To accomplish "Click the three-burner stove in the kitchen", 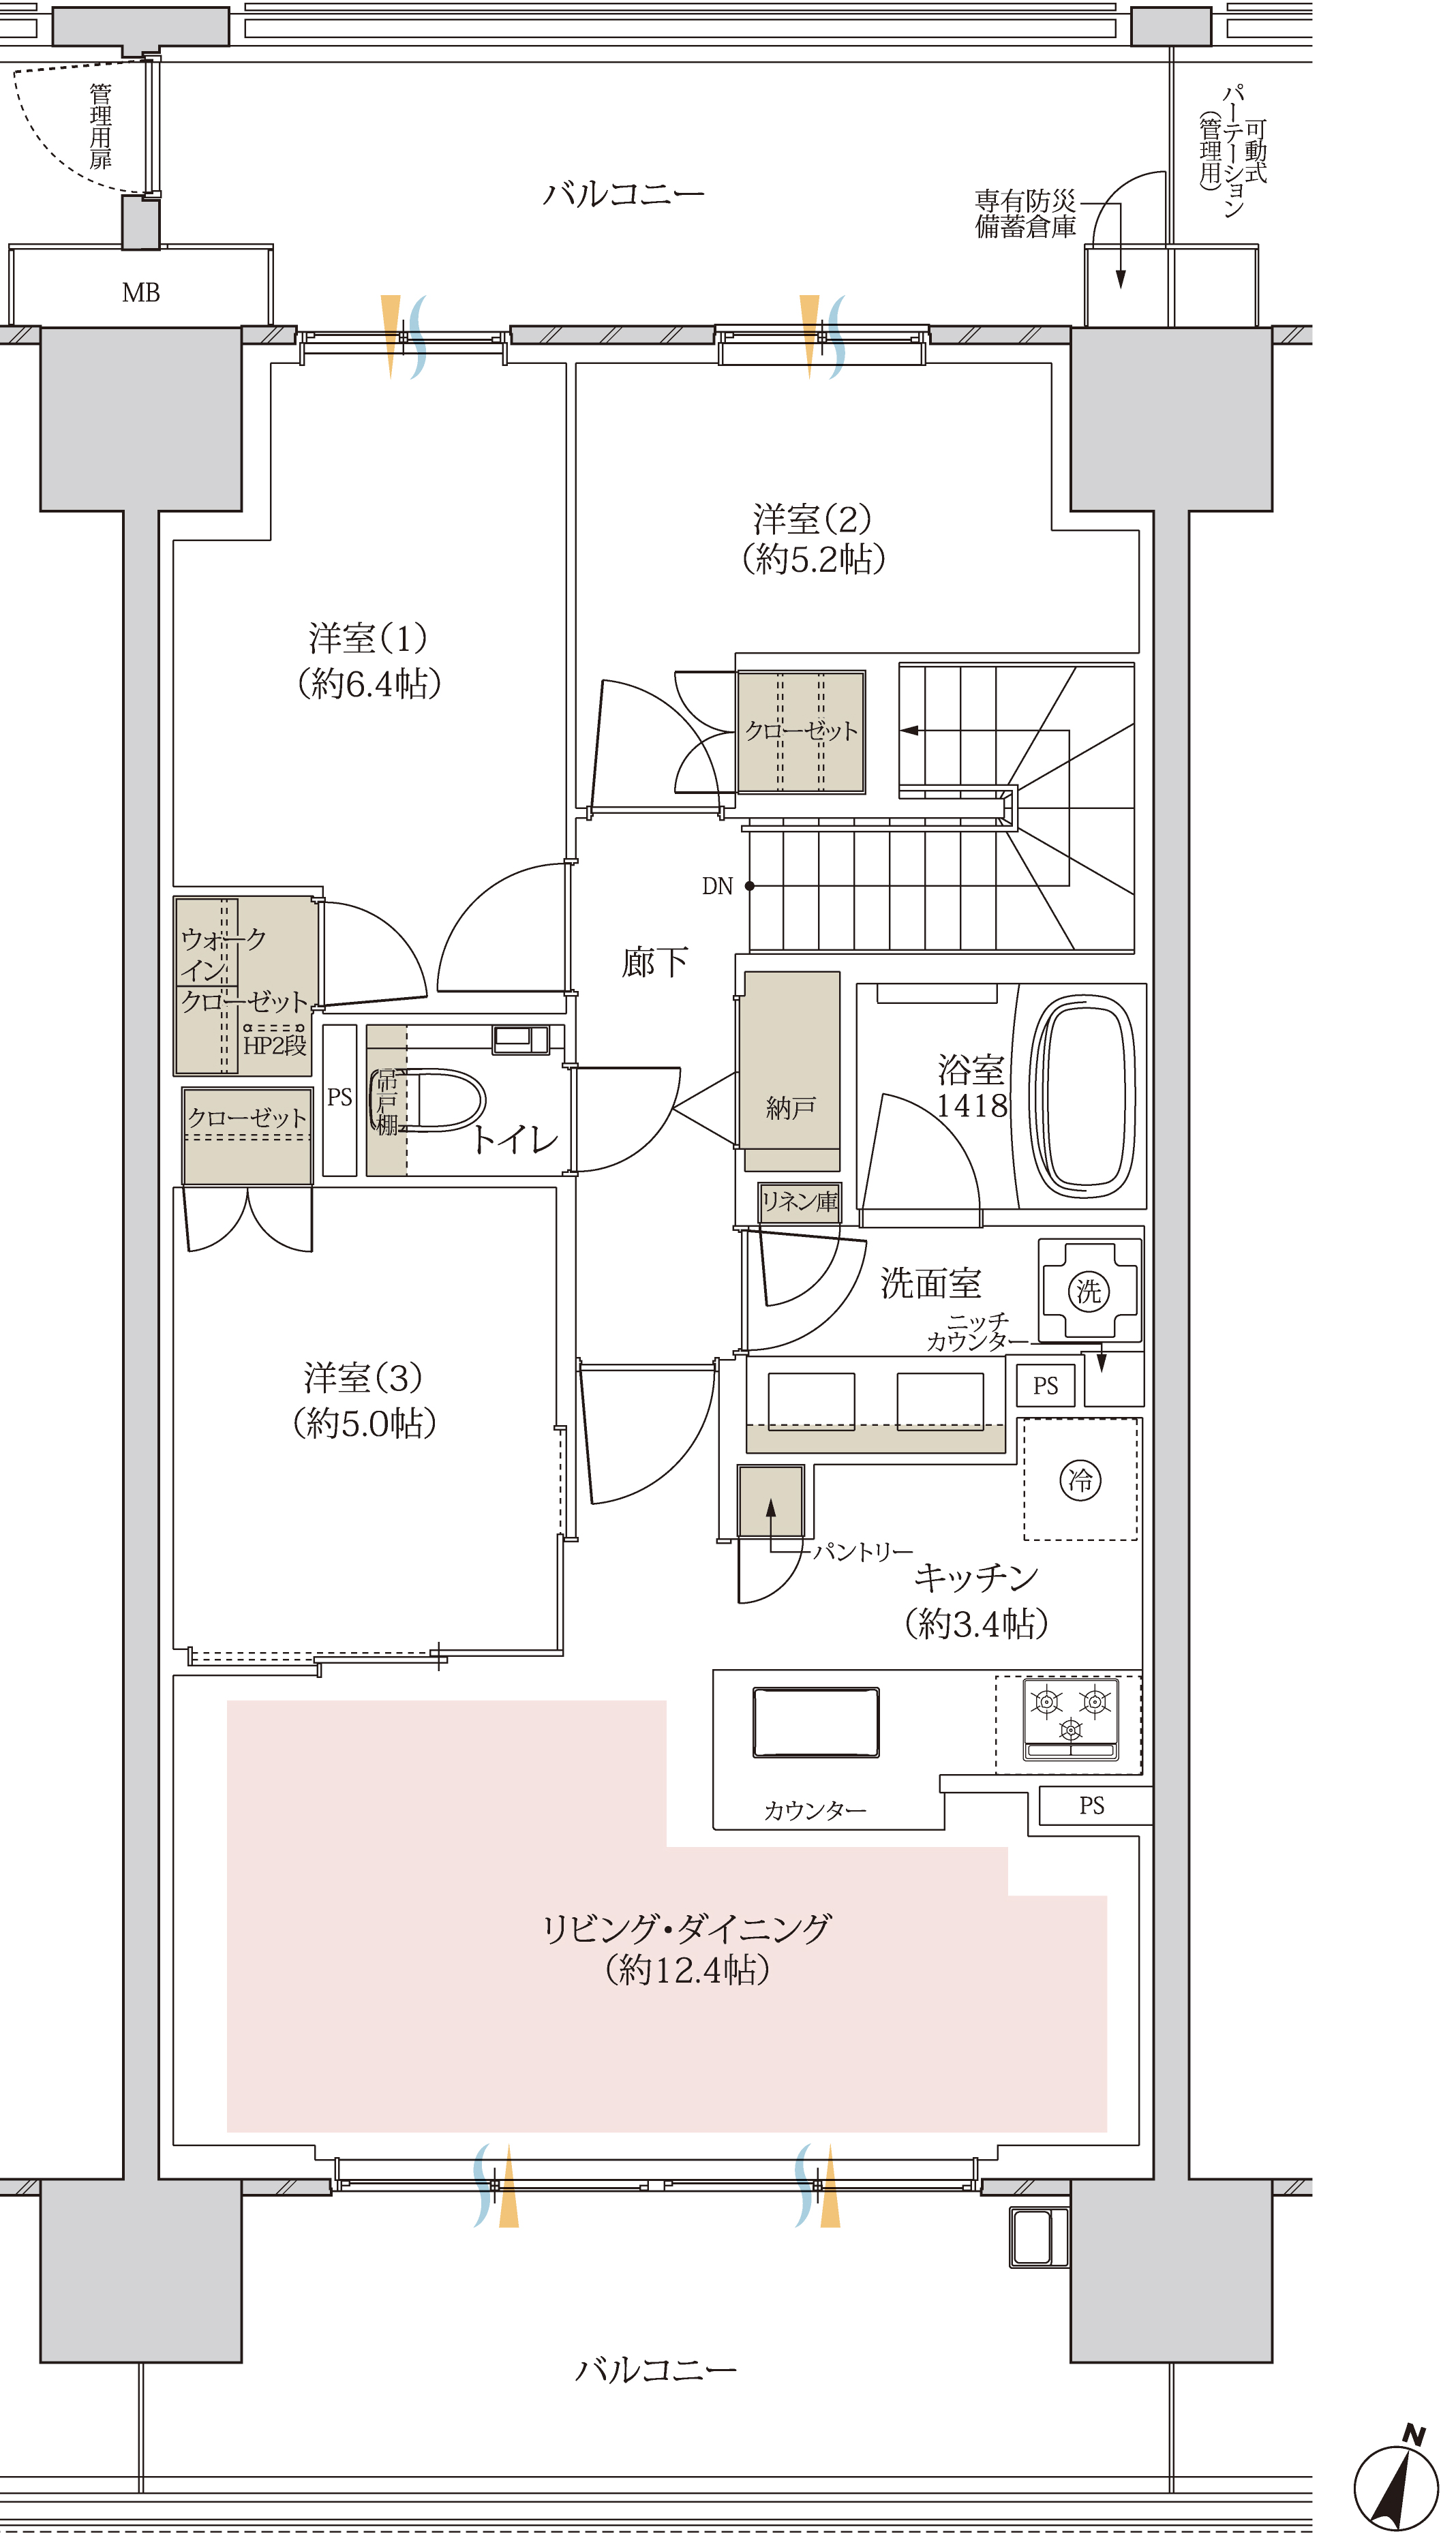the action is point(1070,1718).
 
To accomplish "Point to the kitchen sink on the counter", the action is point(815,1722).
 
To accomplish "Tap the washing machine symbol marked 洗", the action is point(1089,1290).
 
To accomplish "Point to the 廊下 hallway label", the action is point(654,962).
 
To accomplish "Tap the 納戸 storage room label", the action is point(790,1108).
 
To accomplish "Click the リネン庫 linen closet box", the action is point(800,1202).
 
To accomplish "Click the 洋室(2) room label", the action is point(813,519).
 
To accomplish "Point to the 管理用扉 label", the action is point(100,125).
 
